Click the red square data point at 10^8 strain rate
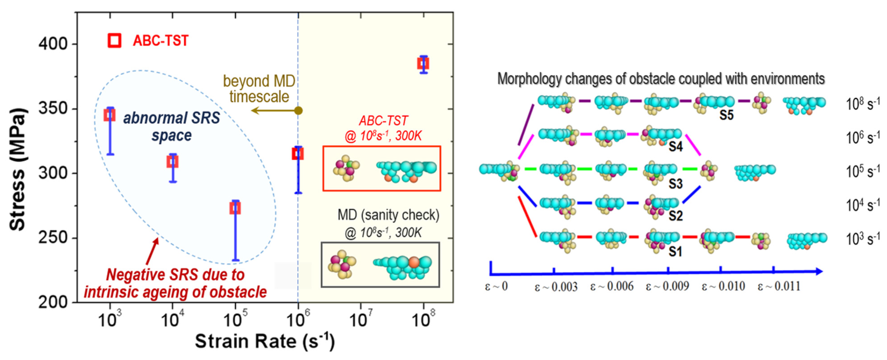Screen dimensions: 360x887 423,64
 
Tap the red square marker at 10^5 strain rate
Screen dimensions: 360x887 235,208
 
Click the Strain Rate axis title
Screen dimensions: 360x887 264,341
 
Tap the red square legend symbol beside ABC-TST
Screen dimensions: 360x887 114,41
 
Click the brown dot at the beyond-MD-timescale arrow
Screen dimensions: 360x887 299,111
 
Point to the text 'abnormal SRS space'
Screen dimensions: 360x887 171,126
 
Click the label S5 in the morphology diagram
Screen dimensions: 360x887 726,115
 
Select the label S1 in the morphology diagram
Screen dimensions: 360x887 675,252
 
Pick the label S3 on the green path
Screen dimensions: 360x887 675,183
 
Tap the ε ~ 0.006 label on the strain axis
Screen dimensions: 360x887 612,286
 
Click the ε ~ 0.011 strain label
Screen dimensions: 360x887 779,286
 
